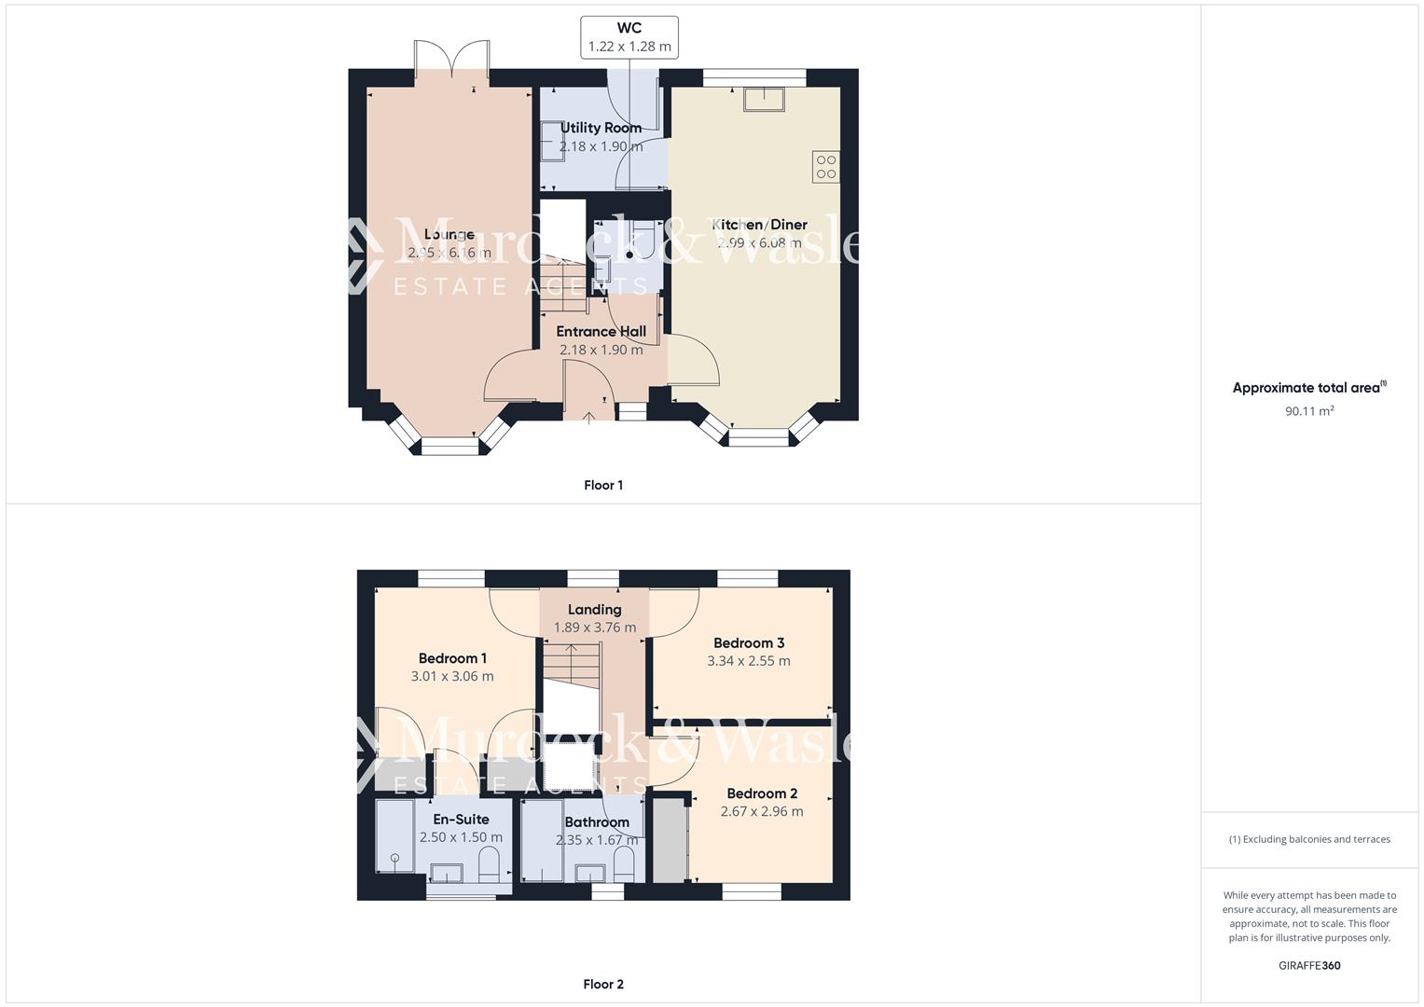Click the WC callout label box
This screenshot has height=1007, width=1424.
point(629,37)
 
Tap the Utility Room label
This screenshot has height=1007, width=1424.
point(601,128)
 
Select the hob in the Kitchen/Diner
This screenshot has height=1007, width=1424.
point(825,166)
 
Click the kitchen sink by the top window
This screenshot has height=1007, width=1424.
point(764,98)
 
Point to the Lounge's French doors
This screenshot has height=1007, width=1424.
point(451,62)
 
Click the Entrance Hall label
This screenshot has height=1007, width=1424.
point(601,331)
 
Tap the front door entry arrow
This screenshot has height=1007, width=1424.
point(589,416)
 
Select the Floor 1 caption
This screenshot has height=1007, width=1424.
point(602,485)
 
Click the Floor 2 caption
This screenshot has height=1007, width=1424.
point(602,984)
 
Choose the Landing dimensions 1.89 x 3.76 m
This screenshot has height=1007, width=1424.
point(594,628)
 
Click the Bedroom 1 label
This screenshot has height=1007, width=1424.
point(452,658)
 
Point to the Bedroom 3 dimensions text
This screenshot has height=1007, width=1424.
point(748,661)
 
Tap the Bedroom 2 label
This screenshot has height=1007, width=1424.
point(762,793)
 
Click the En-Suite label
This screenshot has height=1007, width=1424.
point(461,820)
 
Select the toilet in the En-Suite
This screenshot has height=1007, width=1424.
point(488,868)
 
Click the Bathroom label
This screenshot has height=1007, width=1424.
point(597,822)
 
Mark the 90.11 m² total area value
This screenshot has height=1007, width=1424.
point(1309,410)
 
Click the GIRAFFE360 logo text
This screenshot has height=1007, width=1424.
point(1309,965)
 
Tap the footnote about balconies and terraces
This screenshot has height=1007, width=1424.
point(1309,839)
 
